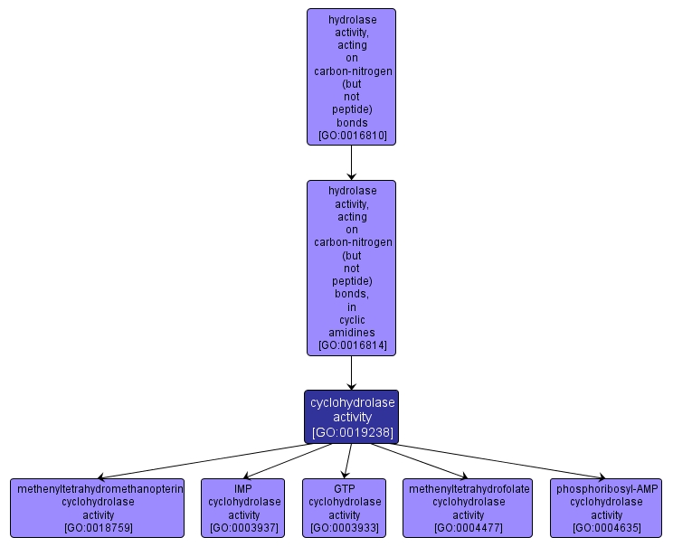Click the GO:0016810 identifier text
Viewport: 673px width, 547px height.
click(x=352, y=136)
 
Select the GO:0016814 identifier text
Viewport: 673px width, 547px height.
click(x=352, y=345)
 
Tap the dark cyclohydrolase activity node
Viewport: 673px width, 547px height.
click(x=352, y=417)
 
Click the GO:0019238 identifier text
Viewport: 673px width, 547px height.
click(x=352, y=432)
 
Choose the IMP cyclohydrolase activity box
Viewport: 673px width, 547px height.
click(x=244, y=507)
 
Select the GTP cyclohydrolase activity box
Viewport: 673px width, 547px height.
click(x=345, y=507)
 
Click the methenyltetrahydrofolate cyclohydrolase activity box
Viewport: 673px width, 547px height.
click(x=469, y=507)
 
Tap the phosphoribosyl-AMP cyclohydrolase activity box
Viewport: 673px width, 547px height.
click(x=607, y=507)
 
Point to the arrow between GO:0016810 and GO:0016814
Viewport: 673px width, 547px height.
click(x=352, y=163)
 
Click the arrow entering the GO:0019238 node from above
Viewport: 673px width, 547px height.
click(x=352, y=373)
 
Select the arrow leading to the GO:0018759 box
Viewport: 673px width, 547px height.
click(x=199, y=461)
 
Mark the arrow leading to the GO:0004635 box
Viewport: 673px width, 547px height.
click(x=507, y=461)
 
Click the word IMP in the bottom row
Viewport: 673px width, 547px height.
click(x=244, y=489)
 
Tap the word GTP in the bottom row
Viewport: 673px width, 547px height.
click(x=345, y=489)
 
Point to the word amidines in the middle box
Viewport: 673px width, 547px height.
click(x=352, y=332)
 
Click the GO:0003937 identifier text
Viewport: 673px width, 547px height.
click(x=244, y=527)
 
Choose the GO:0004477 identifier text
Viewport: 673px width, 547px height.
click(x=469, y=527)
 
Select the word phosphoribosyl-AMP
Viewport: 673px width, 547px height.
click(x=607, y=489)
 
